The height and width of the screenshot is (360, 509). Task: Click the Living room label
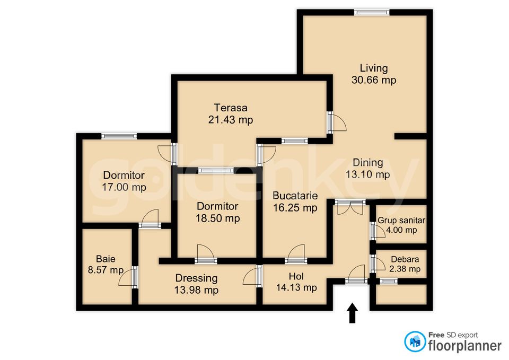click(374, 68)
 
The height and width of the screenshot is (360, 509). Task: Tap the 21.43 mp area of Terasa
click(231, 120)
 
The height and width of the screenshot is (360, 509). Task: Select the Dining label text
click(368, 163)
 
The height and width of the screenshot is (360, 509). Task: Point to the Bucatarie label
click(295, 196)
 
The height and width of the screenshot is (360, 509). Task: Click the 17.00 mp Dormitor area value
click(124, 187)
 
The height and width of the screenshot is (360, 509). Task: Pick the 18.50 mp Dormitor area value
click(217, 218)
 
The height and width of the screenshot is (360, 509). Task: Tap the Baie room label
click(106, 259)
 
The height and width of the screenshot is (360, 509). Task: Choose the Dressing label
click(196, 278)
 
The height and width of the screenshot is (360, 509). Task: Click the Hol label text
click(296, 277)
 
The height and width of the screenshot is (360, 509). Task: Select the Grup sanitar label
click(401, 221)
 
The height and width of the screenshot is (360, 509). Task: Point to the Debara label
click(405, 259)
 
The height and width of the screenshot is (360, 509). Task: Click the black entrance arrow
click(352, 313)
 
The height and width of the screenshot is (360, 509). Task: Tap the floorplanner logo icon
click(415, 341)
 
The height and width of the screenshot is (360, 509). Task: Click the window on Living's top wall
click(372, 12)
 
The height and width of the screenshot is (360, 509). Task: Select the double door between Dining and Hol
click(350, 207)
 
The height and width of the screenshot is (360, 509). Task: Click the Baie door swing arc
click(125, 277)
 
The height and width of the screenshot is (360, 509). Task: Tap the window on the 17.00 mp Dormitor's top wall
click(119, 136)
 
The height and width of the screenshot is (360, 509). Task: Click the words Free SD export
click(453, 335)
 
